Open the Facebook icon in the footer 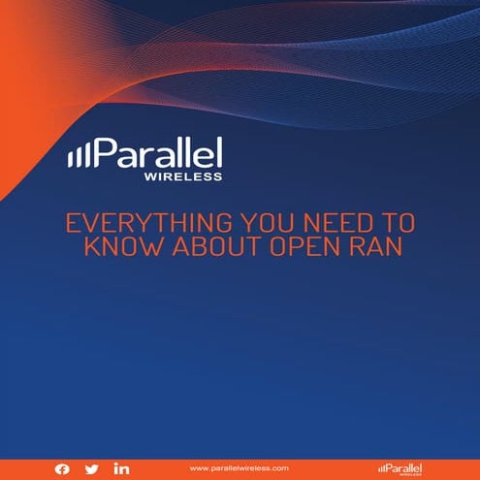[62, 468]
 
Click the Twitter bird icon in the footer [91, 468]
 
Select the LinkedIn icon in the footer [121, 468]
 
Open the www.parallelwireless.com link [240, 468]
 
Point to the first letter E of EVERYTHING [71, 222]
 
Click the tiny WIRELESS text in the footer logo [408, 475]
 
